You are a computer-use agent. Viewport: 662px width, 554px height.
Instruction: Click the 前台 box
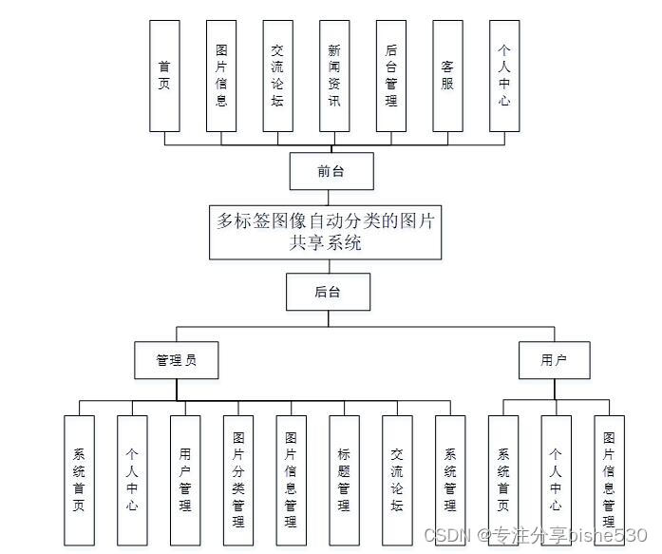331,172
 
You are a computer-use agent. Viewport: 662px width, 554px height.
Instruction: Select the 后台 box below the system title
328,293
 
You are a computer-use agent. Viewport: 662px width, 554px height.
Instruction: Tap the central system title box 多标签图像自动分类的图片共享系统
326,232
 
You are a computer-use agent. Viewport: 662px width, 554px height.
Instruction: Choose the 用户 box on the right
554,361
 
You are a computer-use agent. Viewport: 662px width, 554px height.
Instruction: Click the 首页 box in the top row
164,75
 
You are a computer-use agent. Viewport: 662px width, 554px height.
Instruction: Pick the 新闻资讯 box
333,75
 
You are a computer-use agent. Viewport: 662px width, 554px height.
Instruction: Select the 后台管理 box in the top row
390,75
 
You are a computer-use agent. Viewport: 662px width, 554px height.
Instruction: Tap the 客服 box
447,75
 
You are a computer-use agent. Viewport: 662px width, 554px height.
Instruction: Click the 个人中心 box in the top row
504,75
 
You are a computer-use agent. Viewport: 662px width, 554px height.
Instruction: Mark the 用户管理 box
185,480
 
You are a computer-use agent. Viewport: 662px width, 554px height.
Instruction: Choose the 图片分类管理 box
238,480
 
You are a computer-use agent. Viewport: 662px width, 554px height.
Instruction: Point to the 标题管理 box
345,480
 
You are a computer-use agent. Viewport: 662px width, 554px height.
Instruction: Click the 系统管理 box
450,480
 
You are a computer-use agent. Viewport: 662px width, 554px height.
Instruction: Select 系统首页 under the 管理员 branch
79,480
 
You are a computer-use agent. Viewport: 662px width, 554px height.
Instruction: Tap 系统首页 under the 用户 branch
502,480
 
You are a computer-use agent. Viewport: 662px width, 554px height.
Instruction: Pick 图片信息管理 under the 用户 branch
609,480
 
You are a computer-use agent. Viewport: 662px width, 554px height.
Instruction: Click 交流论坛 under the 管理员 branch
398,480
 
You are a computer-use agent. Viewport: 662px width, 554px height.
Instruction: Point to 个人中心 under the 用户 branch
556,480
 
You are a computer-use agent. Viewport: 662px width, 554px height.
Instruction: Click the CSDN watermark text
535,536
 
